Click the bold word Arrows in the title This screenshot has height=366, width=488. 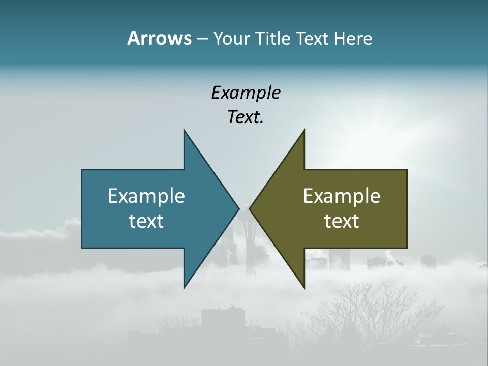tap(159, 38)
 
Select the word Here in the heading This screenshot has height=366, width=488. tap(353, 38)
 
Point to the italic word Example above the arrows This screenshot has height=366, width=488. tap(246, 93)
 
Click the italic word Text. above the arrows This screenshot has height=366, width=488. tap(246, 117)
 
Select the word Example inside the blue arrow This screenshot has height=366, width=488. tap(146, 196)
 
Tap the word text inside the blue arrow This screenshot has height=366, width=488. tap(146, 221)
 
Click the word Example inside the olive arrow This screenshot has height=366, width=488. tap(342, 196)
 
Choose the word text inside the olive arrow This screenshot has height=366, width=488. tap(342, 221)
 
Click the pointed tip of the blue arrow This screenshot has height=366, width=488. tap(238, 208)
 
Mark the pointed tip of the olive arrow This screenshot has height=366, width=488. tap(251, 208)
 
